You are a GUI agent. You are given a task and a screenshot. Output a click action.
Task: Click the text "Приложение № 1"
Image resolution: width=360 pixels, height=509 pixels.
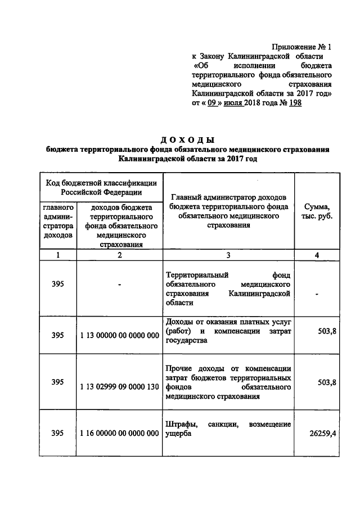pyautogui.click(x=301, y=47)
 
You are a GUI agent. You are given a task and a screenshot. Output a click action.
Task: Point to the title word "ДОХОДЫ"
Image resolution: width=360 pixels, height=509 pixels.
pyautogui.click(x=187, y=140)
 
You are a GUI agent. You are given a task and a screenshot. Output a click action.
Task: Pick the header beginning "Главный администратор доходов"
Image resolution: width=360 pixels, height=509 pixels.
pyautogui.click(x=228, y=211)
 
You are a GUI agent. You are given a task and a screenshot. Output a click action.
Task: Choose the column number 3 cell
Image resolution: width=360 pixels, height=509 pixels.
pyautogui.click(x=228, y=255)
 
